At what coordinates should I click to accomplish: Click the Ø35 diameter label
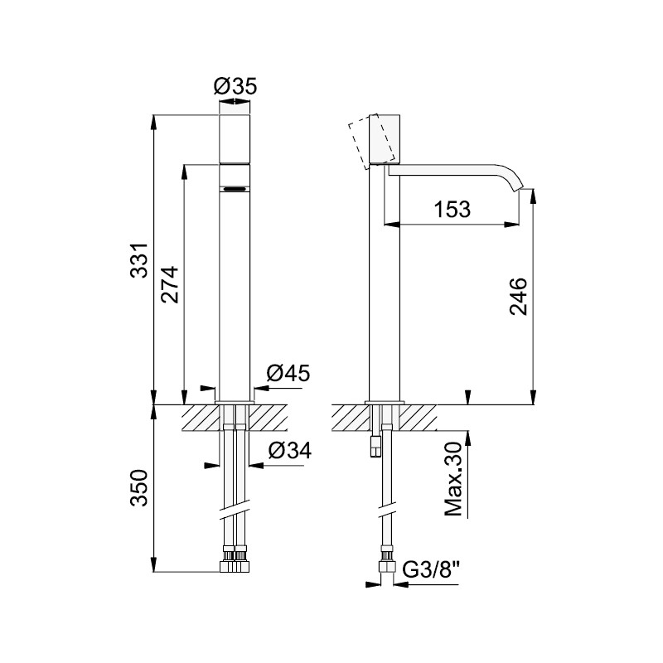pyautogui.click(x=235, y=87)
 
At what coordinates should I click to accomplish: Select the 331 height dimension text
pyautogui.click(x=138, y=260)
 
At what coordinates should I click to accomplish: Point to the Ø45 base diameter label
pyautogui.click(x=288, y=372)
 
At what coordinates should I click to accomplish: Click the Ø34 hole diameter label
pyautogui.click(x=290, y=450)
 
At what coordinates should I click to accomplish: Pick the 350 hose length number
pyautogui.click(x=138, y=487)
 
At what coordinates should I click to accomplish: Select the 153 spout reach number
pyautogui.click(x=452, y=209)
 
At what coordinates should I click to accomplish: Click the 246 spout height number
pyautogui.click(x=519, y=297)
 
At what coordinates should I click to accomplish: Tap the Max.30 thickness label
pyautogui.click(x=453, y=479)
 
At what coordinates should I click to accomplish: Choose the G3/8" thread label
pyautogui.click(x=431, y=569)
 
